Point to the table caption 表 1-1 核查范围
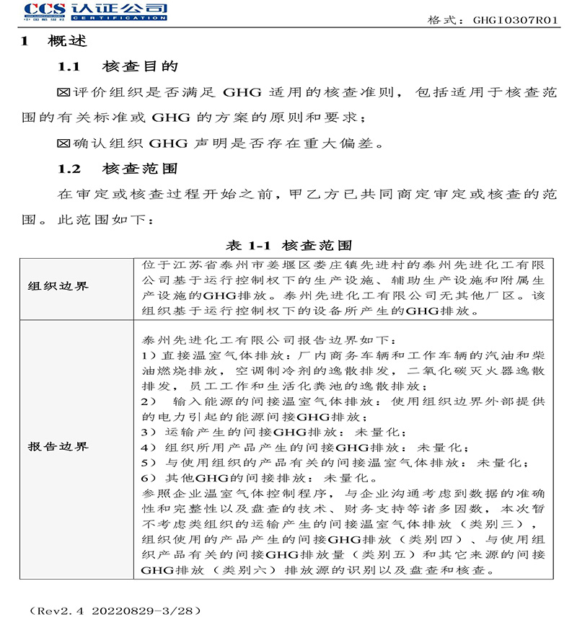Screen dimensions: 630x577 point(289,245)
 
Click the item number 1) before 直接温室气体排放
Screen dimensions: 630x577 point(149,356)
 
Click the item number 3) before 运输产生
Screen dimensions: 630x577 point(149,432)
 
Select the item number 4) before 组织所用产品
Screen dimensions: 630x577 point(149,448)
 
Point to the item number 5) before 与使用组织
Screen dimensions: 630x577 point(149,463)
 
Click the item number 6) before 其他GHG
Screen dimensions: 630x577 point(149,478)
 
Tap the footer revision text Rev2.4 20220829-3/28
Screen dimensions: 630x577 point(115,611)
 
